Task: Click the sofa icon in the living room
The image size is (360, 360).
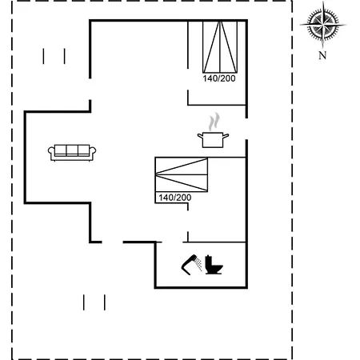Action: point(72,153)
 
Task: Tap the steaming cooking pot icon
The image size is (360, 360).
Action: point(213,130)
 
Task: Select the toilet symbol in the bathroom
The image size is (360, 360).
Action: point(214,265)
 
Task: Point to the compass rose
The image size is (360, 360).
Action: point(323,24)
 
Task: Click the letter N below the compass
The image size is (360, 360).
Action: point(322,55)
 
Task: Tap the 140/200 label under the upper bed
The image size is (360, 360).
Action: point(219,78)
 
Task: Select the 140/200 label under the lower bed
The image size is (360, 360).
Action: point(175,198)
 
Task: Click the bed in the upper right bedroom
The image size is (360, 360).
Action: point(220,47)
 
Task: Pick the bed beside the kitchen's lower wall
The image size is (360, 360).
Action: point(182,174)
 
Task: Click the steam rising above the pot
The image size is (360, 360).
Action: point(214,122)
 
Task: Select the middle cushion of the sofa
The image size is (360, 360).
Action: point(72,150)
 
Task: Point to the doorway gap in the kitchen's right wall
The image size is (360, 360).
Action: point(246,129)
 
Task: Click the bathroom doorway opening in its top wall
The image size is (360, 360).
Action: point(172,242)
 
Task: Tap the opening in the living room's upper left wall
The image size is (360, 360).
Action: point(90,90)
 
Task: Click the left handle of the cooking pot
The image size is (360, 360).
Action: point(200,136)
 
